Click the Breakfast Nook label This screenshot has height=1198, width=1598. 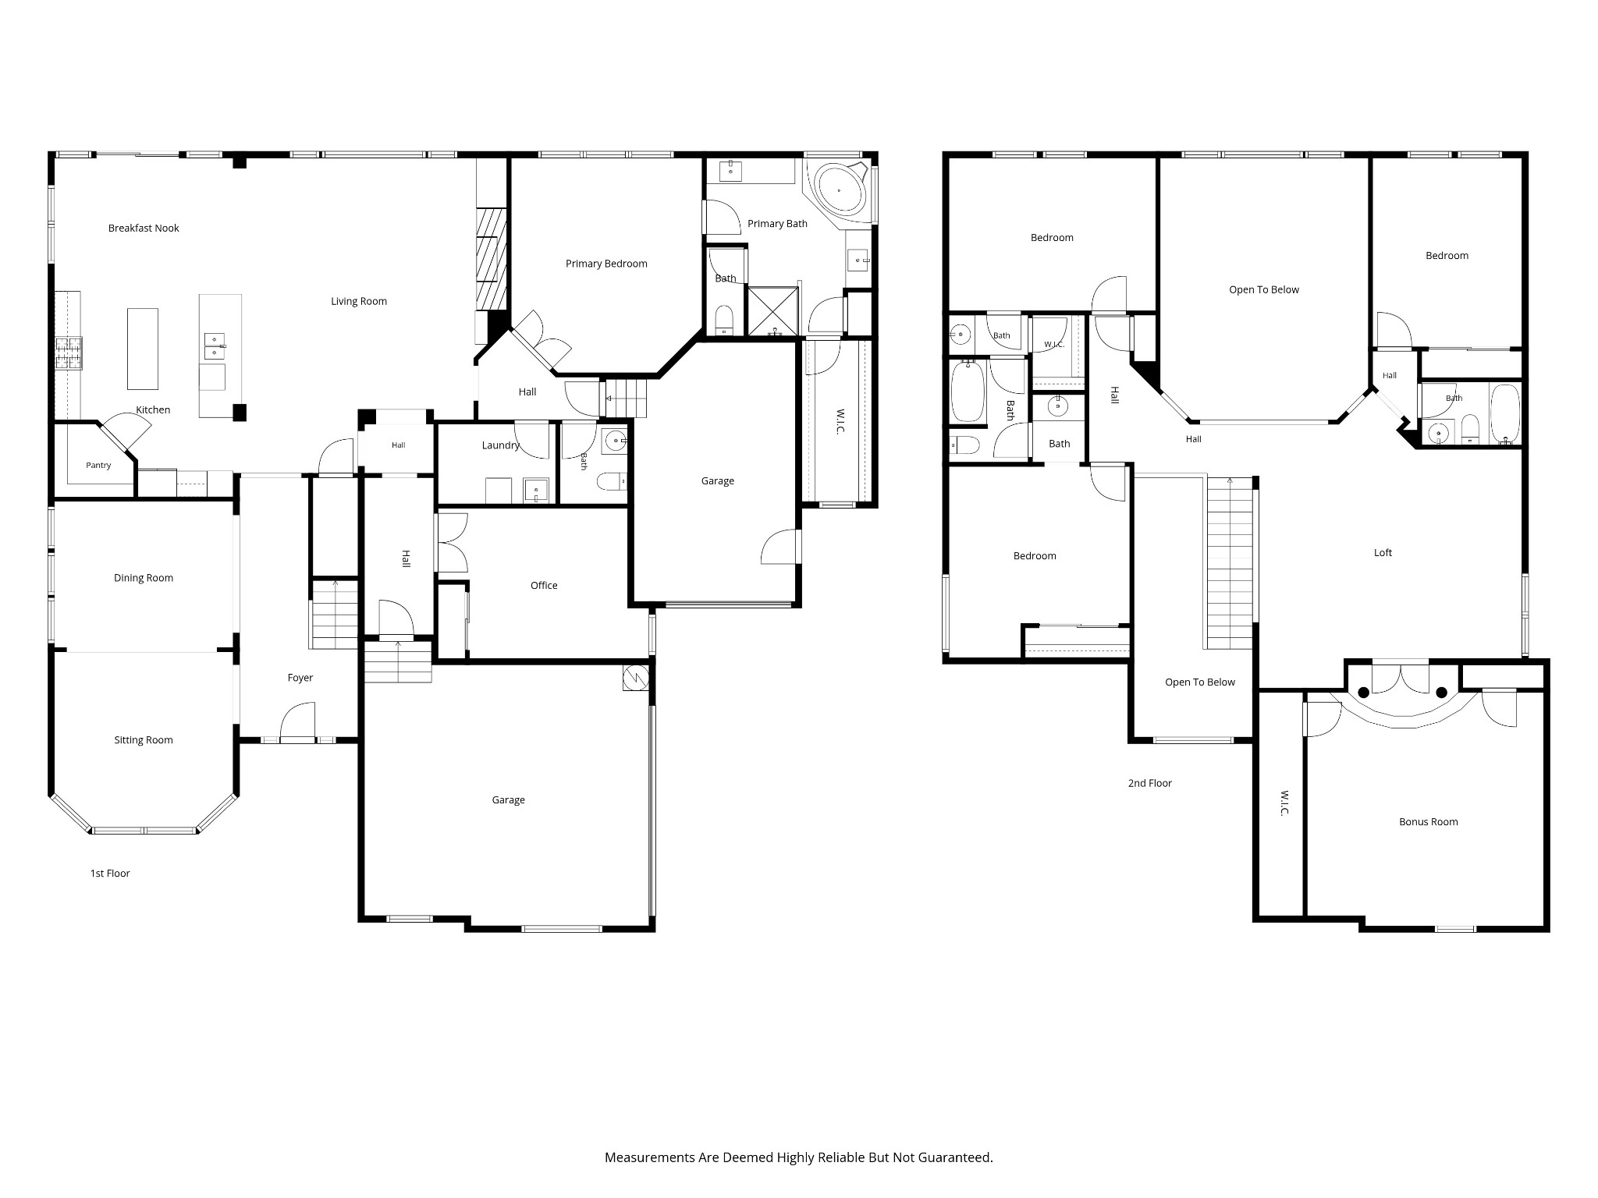(144, 229)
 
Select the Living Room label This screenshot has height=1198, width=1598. (359, 302)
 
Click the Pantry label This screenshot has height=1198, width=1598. (98, 466)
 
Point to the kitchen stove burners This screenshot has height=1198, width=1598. (68, 353)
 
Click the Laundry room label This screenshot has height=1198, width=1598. (500, 445)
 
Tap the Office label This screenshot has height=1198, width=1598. (544, 586)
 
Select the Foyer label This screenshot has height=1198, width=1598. (300, 679)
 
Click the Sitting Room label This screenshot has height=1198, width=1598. (144, 740)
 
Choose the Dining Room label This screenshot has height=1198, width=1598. (144, 578)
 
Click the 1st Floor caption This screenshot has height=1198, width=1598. (110, 874)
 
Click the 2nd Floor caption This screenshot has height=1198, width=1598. (1150, 783)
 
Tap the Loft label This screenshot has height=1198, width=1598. (1383, 553)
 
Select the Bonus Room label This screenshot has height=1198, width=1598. (1429, 822)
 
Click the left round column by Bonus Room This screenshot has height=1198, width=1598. (1363, 693)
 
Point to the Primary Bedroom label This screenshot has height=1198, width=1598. (606, 264)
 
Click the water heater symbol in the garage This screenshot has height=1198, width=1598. (635, 678)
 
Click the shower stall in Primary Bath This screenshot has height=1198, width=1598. (773, 311)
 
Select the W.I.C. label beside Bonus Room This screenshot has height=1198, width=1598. (1284, 804)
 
